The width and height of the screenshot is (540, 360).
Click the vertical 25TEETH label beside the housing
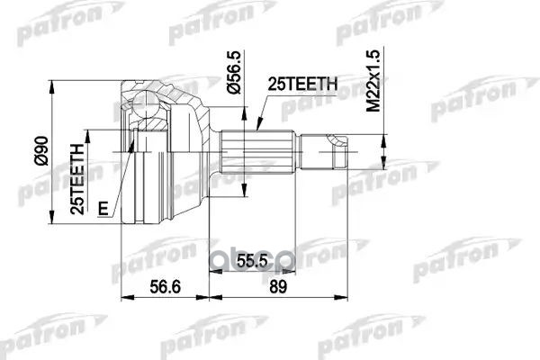coord(79,175)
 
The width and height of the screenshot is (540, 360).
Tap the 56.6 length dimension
coord(163,287)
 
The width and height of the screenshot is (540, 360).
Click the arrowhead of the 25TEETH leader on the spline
coord(257,127)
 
